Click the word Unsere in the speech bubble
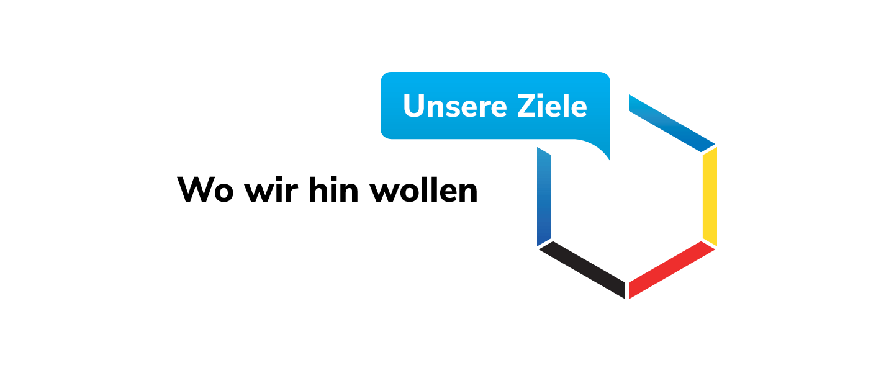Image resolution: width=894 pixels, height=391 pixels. [455, 106]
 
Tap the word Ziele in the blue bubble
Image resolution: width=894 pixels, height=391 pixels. [553, 106]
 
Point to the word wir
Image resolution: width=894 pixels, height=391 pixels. [271, 189]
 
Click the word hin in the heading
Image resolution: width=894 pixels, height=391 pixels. [333, 189]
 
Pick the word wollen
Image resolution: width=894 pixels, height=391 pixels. [423, 189]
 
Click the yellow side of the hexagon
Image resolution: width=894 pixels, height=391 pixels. [710, 197]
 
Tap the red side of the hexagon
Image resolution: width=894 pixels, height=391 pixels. [672, 270]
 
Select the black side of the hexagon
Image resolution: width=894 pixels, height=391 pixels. [582, 270]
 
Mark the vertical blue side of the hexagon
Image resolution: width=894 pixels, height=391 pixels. [544, 197]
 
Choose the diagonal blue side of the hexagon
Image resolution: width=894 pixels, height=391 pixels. [672, 124]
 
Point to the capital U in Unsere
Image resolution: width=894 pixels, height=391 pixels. [415, 106]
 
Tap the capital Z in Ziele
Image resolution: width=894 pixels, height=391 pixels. [527, 106]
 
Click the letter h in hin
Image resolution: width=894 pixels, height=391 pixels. [318, 189]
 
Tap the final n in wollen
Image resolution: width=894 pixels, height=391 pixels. [469, 192]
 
